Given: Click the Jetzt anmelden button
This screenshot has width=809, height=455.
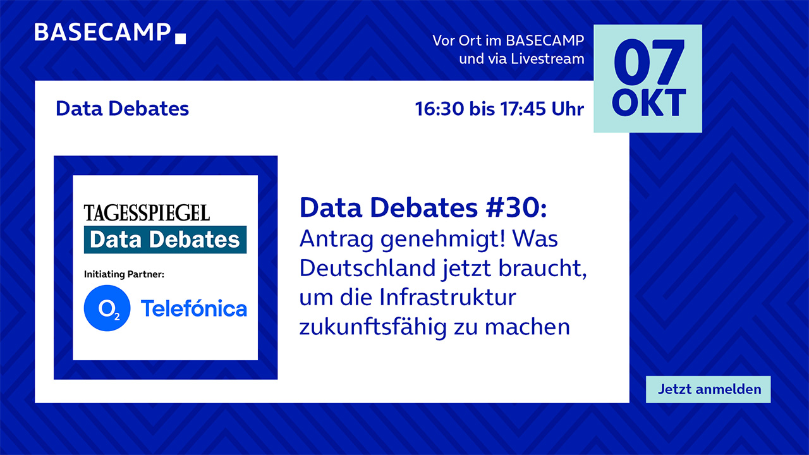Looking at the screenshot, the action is pyautogui.click(x=709, y=389).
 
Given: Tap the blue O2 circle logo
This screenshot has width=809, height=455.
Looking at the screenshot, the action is pyautogui.click(x=107, y=308).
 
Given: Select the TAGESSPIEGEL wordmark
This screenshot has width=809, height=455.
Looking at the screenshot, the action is pyautogui.click(x=147, y=213).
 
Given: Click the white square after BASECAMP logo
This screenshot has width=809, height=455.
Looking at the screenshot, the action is pyautogui.click(x=180, y=39).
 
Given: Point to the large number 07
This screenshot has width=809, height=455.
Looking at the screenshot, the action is pyautogui.click(x=649, y=63).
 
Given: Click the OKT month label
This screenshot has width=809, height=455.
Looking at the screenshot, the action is pyautogui.click(x=648, y=103).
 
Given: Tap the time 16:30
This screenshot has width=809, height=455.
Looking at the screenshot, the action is pyautogui.click(x=439, y=109).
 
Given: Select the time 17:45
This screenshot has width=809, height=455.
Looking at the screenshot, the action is pyautogui.click(x=523, y=109).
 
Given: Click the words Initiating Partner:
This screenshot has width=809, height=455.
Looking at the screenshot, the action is pyautogui.click(x=124, y=274).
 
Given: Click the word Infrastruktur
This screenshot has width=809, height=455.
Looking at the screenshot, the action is pyautogui.click(x=447, y=298).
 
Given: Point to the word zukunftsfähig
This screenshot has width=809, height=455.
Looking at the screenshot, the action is pyautogui.click(x=373, y=327).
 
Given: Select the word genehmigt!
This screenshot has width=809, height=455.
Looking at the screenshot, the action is pyautogui.click(x=443, y=240).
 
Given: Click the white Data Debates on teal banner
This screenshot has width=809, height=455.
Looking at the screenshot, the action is pyautogui.click(x=165, y=240).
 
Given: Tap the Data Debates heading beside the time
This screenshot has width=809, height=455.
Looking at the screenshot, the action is pyautogui.click(x=123, y=108).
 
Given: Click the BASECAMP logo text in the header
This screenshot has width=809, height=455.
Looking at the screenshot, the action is pyautogui.click(x=102, y=32).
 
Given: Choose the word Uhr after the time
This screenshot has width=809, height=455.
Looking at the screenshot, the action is pyautogui.click(x=568, y=109).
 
